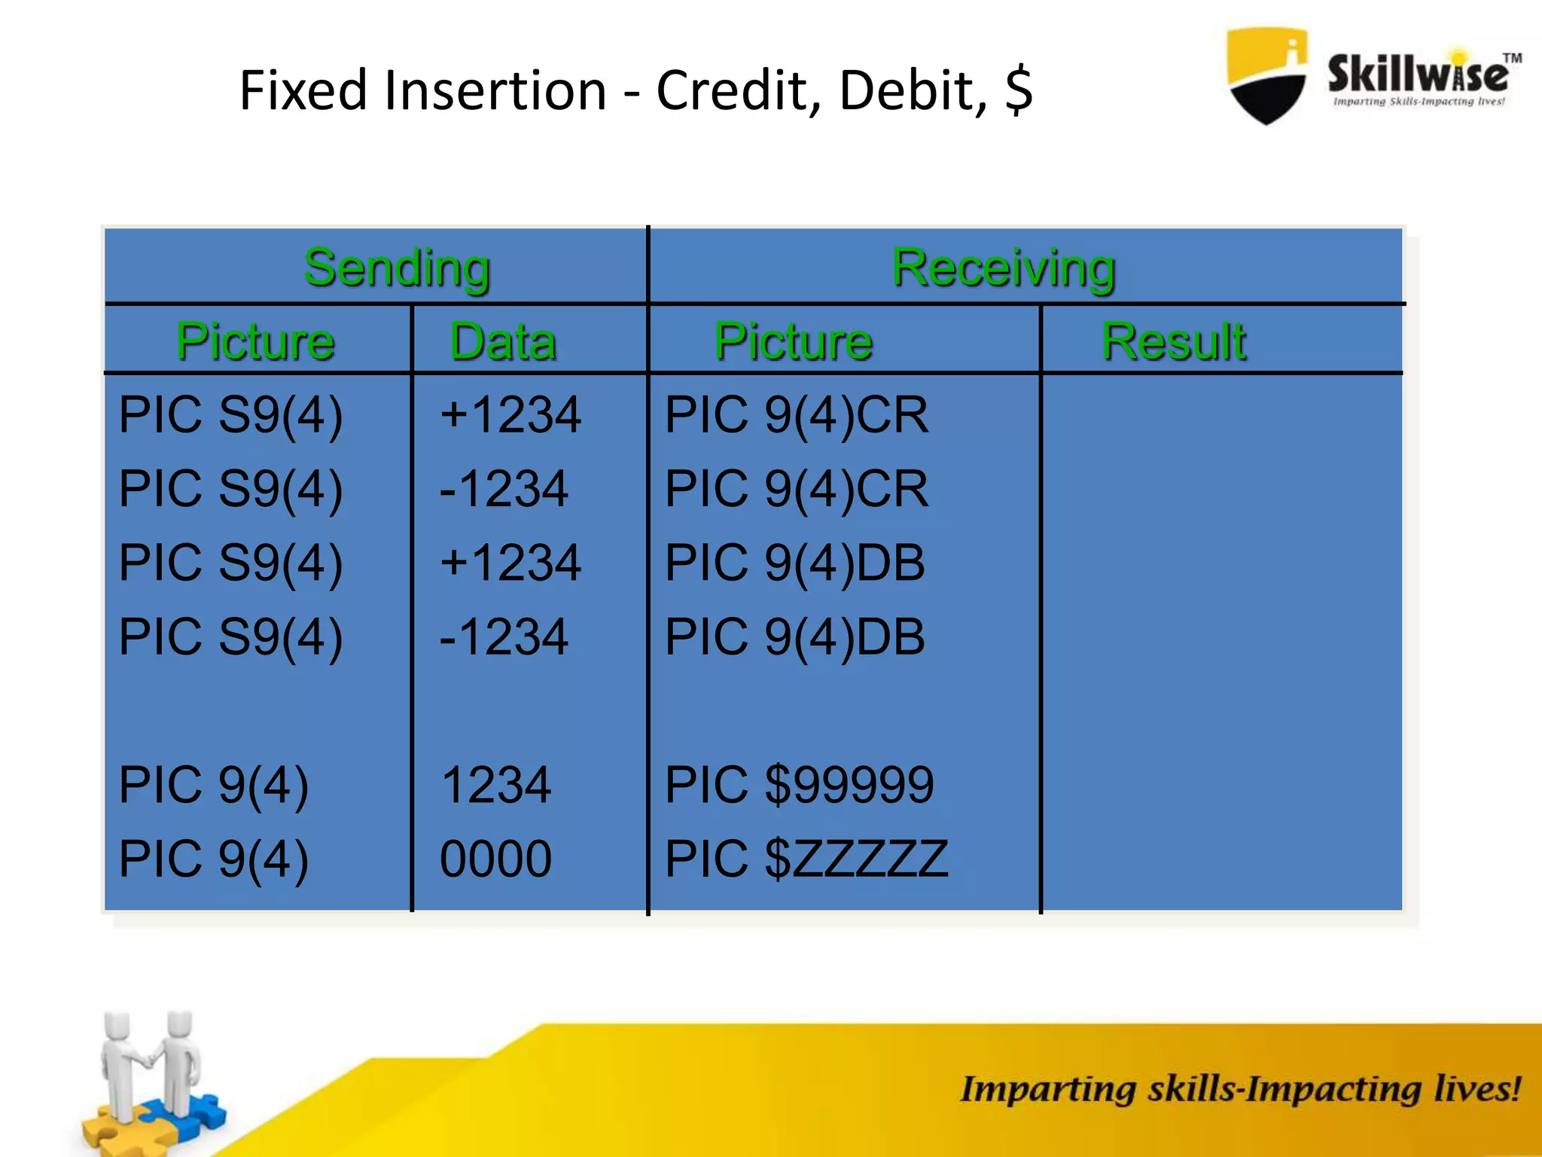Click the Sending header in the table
[397, 268]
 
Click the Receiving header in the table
[1004, 268]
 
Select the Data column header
[503, 341]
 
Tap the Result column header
[1173, 341]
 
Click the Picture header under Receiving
[794, 341]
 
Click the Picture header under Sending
[256, 341]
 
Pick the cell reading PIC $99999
[799, 785]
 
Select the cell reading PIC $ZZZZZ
[806, 859]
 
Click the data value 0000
[495, 859]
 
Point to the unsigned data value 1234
[495, 785]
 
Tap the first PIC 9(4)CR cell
[797, 415]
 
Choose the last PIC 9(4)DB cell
[794, 637]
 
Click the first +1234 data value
[510, 415]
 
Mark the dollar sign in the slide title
[1019, 91]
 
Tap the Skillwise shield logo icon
[1267, 75]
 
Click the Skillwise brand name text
[1418, 74]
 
